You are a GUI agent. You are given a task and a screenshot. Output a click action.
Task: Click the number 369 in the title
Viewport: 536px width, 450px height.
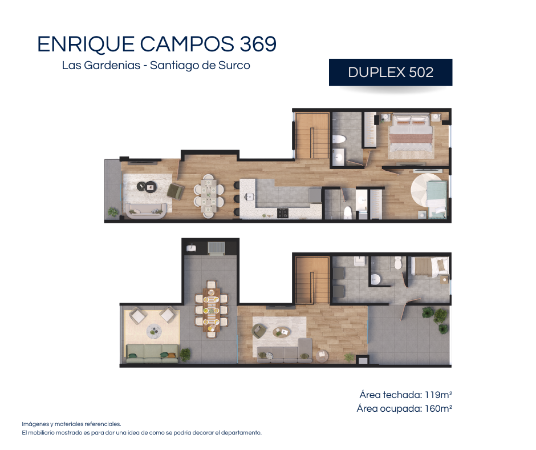click(258, 44)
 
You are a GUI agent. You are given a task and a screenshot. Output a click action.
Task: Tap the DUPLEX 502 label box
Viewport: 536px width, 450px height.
click(391, 73)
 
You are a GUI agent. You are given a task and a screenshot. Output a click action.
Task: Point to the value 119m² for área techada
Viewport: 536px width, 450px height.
click(438, 395)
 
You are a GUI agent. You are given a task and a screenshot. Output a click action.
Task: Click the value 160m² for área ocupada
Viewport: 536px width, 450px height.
click(438, 408)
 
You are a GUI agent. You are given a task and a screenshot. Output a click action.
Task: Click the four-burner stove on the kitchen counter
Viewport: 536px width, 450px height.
click(283, 213)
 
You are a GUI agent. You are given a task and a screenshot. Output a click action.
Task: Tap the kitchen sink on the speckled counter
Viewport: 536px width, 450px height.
click(249, 196)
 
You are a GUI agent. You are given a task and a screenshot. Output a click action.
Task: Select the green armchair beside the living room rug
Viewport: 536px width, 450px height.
click(176, 191)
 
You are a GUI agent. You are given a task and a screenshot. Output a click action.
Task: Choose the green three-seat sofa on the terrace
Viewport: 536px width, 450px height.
click(152, 353)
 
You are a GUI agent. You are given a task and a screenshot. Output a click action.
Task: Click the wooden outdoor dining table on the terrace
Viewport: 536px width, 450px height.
click(211, 310)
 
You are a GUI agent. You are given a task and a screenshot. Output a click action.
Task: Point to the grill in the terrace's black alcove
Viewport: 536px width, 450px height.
click(216, 248)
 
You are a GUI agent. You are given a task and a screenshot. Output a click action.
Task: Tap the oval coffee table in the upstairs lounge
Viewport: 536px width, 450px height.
click(282, 332)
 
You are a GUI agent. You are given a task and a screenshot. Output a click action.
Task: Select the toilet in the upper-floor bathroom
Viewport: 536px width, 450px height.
click(397, 263)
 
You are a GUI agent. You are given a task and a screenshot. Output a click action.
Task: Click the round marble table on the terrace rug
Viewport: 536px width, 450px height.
click(154, 331)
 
